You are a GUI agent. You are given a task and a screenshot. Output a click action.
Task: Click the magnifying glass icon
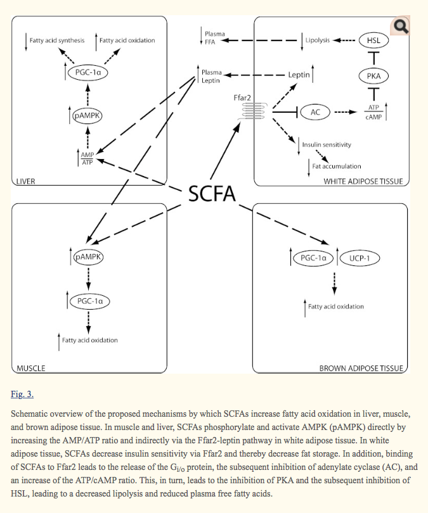pyautogui.click(x=400, y=26)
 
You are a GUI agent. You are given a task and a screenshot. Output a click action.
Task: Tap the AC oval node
pyautogui.click(x=315, y=112)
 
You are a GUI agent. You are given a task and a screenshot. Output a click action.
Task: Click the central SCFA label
pyautogui.click(x=212, y=194)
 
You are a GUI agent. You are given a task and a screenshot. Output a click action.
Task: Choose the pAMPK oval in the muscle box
pyautogui.click(x=89, y=257)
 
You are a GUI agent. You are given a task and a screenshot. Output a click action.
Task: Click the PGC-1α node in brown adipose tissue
pyautogui.click(x=313, y=258)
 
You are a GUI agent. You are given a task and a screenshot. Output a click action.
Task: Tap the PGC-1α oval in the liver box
pyautogui.click(x=88, y=72)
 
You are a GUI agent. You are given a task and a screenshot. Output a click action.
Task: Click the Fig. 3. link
pyautogui.click(x=22, y=394)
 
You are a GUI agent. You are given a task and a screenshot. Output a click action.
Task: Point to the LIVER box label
pyautogui.click(x=25, y=181)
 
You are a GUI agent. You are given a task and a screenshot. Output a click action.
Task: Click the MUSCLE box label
pyautogui.click(x=31, y=367)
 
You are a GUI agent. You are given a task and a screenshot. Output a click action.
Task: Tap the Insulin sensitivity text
pyautogui.click(x=327, y=144)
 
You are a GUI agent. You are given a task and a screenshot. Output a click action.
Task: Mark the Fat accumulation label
pyautogui.click(x=337, y=166)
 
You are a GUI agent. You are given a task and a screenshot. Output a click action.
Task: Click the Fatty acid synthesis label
pyautogui.click(x=57, y=41)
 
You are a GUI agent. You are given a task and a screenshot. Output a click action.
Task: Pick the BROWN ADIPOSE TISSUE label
pyautogui.click(x=360, y=367)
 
